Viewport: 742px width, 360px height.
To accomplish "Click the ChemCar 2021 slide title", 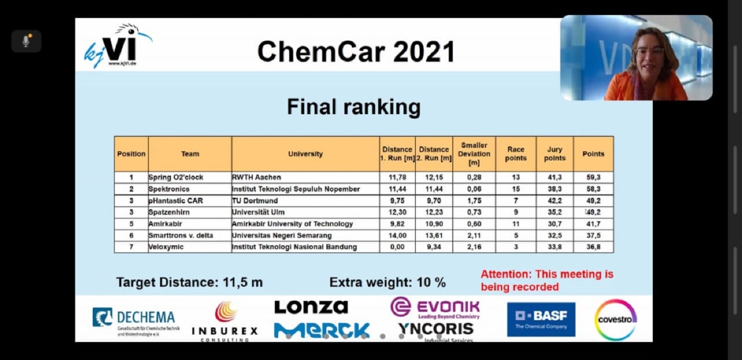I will click(355, 52).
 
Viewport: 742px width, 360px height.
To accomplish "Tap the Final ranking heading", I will click(354, 107).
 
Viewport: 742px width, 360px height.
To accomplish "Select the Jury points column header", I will click(555, 154).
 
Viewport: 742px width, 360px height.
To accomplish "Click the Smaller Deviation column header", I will click(474, 154).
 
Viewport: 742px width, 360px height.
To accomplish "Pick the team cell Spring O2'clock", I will click(176, 177).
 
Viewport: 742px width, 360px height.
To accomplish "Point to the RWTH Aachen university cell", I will click(256, 177).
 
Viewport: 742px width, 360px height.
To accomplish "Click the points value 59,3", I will click(593, 177).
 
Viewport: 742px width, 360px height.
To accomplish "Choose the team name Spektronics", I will click(169, 189).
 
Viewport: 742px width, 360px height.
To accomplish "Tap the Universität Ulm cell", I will click(258, 212).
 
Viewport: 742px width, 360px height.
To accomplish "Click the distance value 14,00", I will click(397, 235).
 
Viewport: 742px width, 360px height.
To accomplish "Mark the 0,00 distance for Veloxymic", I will click(397, 247).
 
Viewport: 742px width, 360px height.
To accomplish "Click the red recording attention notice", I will click(547, 281).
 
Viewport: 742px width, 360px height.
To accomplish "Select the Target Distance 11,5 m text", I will click(189, 282).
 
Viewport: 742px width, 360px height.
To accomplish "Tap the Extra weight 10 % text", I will click(387, 282).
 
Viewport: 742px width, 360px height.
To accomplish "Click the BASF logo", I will click(541, 319).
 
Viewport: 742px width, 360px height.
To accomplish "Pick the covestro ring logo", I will click(616, 319).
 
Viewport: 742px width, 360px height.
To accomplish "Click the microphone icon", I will click(26, 41).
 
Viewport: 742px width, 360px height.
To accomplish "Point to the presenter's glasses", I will click(650, 52).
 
